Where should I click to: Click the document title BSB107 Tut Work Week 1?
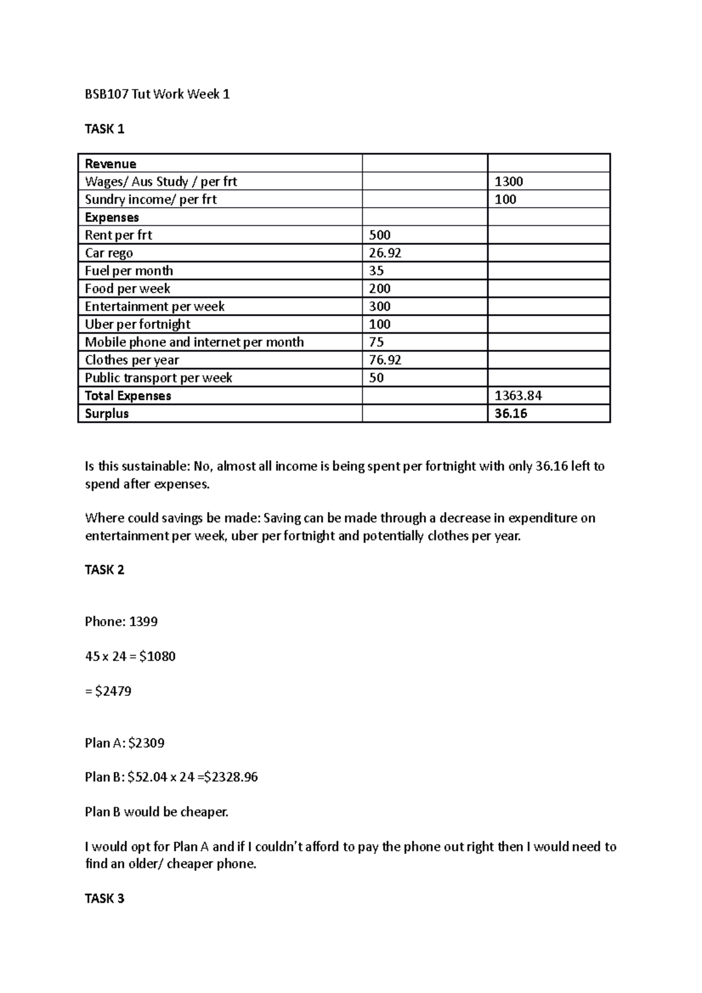157,94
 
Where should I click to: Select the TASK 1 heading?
104,129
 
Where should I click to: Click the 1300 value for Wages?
508,182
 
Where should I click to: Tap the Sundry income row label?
150,199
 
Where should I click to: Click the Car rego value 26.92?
384,253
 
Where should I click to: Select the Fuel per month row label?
129,271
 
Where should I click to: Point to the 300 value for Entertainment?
380,306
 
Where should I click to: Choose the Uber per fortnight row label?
137,325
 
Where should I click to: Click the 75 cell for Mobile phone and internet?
376,342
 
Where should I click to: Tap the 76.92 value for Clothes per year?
384,360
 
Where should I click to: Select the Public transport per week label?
158,378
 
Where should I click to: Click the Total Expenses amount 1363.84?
518,396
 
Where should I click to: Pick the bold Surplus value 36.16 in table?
511,413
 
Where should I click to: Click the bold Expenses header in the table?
112,218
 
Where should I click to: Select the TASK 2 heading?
104,570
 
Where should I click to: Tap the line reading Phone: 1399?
121,622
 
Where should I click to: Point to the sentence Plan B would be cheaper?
156,812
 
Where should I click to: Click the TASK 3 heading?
104,899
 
